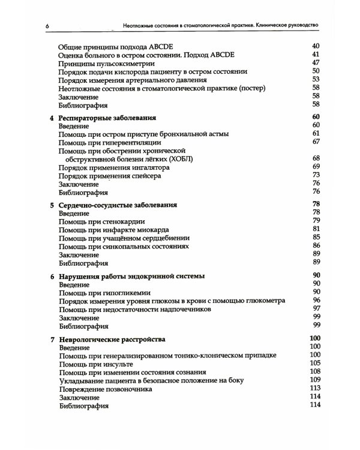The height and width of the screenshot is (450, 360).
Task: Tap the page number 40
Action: coord(317,46)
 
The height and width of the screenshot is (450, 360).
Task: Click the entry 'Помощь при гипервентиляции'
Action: coord(113,142)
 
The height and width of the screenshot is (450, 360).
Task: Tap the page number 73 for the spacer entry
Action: coord(317,176)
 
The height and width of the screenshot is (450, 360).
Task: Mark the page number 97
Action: coord(317,309)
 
